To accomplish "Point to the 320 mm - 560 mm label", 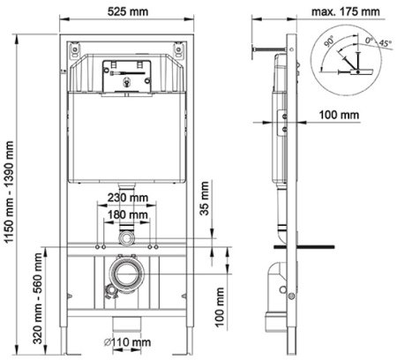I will [x=36, y=290].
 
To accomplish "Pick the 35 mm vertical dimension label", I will [x=205, y=212].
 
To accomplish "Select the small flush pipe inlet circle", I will [x=127, y=239].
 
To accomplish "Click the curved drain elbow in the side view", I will [x=285, y=281].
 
